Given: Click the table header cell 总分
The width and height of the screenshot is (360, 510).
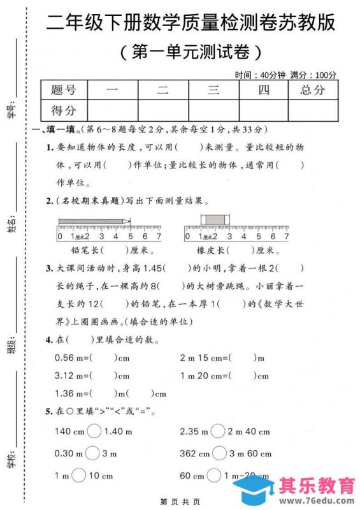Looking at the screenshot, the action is pyautogui.click(x=312, y=90).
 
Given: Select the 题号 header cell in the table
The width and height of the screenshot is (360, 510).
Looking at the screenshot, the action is pyautogui.click(x=63, y=90).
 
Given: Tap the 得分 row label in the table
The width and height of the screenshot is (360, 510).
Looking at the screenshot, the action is pyautogui.click(x=63, y=110).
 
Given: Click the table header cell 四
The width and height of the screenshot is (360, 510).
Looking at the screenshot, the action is pyautogui.click(x=263, y=90).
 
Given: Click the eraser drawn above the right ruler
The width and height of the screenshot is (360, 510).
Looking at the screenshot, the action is pyautogui.click(x=213, y=220).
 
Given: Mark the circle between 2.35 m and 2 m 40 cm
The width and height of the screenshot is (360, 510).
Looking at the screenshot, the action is pyautogui.click(x=219, y=432).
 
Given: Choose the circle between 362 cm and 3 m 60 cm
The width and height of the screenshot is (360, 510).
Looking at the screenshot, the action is pyautogui.click(x=219, y=453).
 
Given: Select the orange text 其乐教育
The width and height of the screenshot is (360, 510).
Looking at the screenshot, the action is pyautogui.click(x=317, y=486).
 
